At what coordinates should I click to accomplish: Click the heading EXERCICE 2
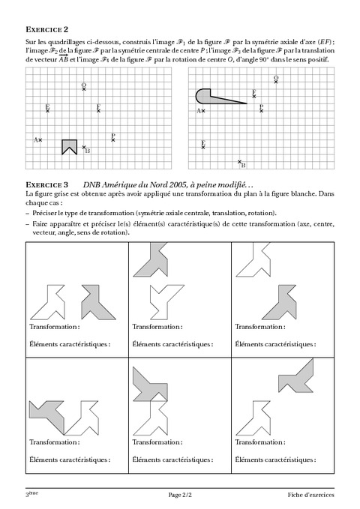[x=46, y=30]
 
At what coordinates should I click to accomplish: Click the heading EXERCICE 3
[x=46, y=184]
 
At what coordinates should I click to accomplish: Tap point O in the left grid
[x=84, y=89]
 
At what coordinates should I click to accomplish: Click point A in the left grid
[x=40, y=139]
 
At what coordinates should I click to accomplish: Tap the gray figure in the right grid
[x=210, y=97]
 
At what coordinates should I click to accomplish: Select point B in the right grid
[x=240, y=162]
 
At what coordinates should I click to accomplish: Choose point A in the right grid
[x=203, y=111]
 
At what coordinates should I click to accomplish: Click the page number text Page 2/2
[x=180, y=496]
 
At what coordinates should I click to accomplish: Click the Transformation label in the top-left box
[x=52, y=328]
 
